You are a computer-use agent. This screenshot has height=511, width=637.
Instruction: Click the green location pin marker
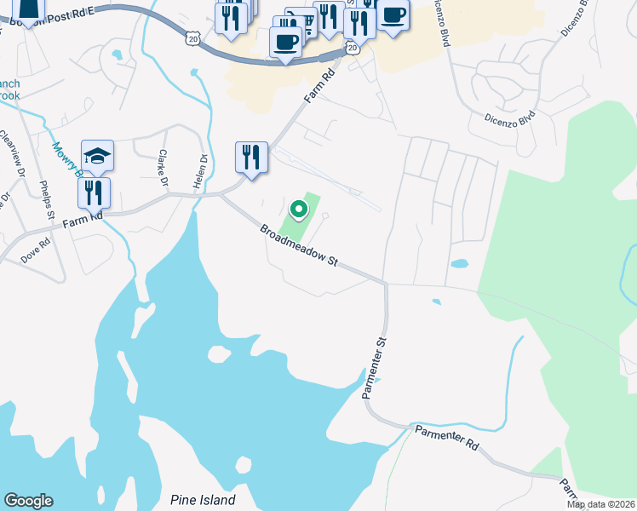pos(298,209)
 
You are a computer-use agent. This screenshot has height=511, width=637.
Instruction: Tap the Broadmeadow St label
pos(299,246)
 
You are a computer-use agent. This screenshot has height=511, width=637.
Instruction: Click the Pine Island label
pos(203,500)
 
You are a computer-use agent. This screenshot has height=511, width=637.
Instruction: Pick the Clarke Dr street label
pos(162,167)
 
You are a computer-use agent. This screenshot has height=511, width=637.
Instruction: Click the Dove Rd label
pos(37,252)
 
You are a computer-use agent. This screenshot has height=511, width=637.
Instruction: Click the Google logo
pos(28,501)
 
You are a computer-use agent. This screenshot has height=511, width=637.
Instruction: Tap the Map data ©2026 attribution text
pos(601,504)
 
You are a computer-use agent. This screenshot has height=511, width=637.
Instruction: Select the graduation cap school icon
pos(97,156)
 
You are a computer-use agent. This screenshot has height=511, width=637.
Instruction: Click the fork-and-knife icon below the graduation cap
pos(94,192)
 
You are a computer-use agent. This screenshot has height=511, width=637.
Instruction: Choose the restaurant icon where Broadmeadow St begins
pos(251,158)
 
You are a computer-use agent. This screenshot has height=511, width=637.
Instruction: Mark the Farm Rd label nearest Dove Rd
pos(84,219)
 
